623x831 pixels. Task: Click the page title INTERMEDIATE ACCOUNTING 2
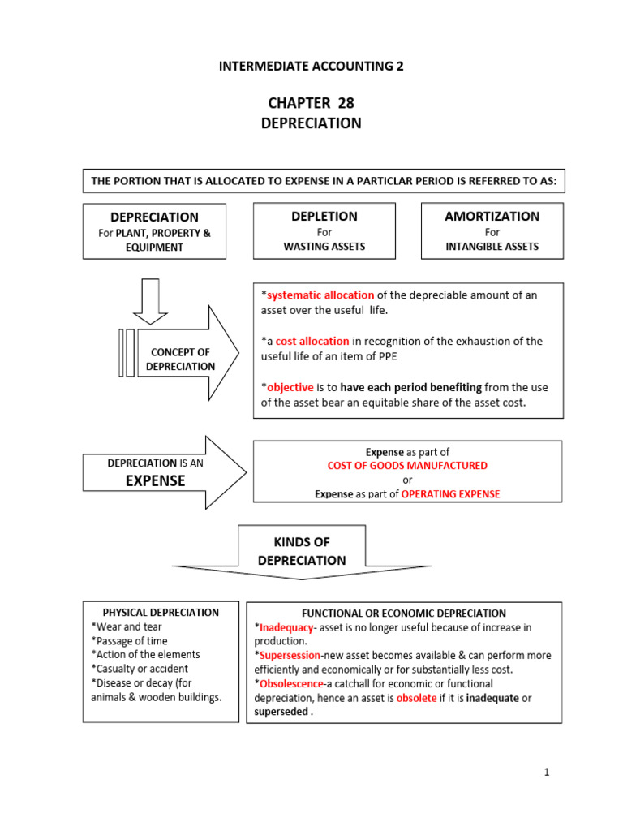pos(311,67)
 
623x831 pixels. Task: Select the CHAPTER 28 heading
pos(311,103)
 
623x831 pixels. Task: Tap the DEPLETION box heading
pos(324,217)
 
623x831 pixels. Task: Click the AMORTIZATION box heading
pos(492,217)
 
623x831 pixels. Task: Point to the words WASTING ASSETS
pos(324,247)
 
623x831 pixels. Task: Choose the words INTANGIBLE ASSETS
pos(492,247)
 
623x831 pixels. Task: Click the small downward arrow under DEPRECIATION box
pos(149,299)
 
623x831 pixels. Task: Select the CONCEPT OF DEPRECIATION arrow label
pos(180,359)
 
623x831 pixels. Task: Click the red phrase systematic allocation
pos(320,295)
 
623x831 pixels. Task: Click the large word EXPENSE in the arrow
pos(154,480)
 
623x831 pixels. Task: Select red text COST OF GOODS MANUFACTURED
pos(407,466)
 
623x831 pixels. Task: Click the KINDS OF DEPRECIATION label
pos(301,551)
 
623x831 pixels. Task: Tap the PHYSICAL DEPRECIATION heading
pos(161,613)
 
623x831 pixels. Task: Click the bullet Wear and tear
pos(127,626)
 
